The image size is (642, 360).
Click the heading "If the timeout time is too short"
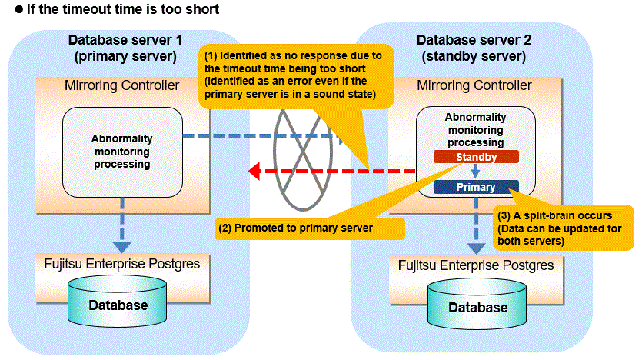(115, 9)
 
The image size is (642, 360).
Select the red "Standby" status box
(475, 156)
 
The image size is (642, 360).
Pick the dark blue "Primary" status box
(475, 187)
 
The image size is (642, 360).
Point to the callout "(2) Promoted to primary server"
(310, 228)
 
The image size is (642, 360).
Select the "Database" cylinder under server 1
(118, 304)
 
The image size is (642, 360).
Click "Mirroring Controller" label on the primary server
(121, 85)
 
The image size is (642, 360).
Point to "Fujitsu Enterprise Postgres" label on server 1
(117, 262)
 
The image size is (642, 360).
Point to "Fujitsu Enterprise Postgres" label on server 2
(475, 266)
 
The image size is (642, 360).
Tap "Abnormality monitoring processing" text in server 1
(121, 151)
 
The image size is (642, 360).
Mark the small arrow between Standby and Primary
(475, 172)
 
